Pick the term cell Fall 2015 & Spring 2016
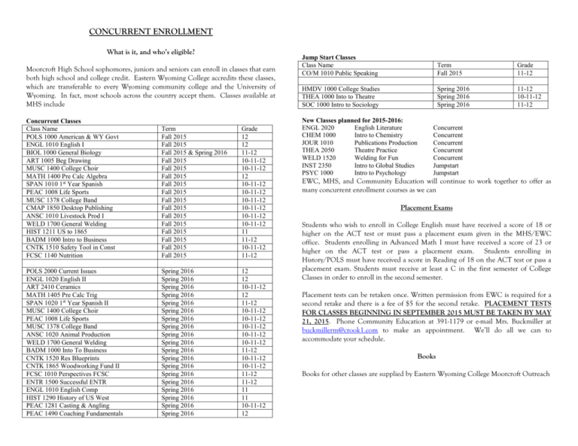(x=187, y=154)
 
